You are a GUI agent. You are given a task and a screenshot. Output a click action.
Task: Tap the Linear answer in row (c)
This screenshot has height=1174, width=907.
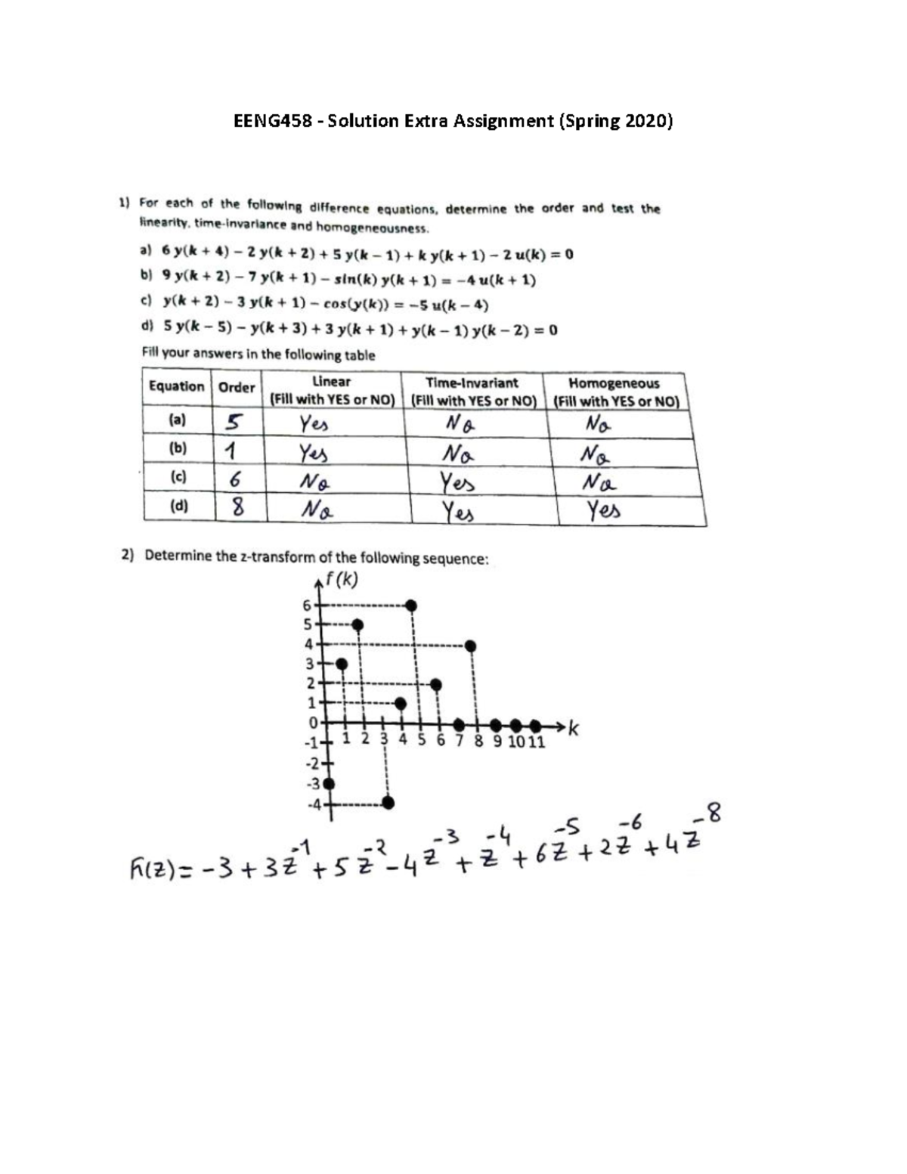(315, 481)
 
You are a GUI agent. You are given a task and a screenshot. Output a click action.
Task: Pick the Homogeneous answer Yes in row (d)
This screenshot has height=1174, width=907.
(605, 511)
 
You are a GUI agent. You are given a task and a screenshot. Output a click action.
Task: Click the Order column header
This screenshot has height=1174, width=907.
(237, 387)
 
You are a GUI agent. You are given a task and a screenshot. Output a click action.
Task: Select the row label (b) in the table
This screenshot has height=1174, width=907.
(178, 448)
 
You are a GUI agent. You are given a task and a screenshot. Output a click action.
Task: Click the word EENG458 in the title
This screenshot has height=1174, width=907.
(272, 121)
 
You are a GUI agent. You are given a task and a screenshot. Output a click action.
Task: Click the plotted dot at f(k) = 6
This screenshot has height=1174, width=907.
(411, 605)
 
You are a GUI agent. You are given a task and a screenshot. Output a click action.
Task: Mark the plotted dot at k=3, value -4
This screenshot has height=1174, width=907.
(388, 802)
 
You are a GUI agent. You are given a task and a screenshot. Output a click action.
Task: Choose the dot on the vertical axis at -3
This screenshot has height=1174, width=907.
(328, 782)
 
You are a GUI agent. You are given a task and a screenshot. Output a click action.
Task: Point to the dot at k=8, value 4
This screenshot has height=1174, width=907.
(471, 645)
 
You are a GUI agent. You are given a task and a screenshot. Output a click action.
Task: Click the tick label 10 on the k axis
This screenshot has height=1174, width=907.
(516, 741)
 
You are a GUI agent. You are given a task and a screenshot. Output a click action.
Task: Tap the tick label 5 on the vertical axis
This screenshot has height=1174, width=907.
(308, 624)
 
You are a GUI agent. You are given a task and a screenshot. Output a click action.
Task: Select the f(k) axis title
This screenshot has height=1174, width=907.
(340, 581)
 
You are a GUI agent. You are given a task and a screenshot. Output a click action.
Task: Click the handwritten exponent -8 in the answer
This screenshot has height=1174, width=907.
(711, 815)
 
